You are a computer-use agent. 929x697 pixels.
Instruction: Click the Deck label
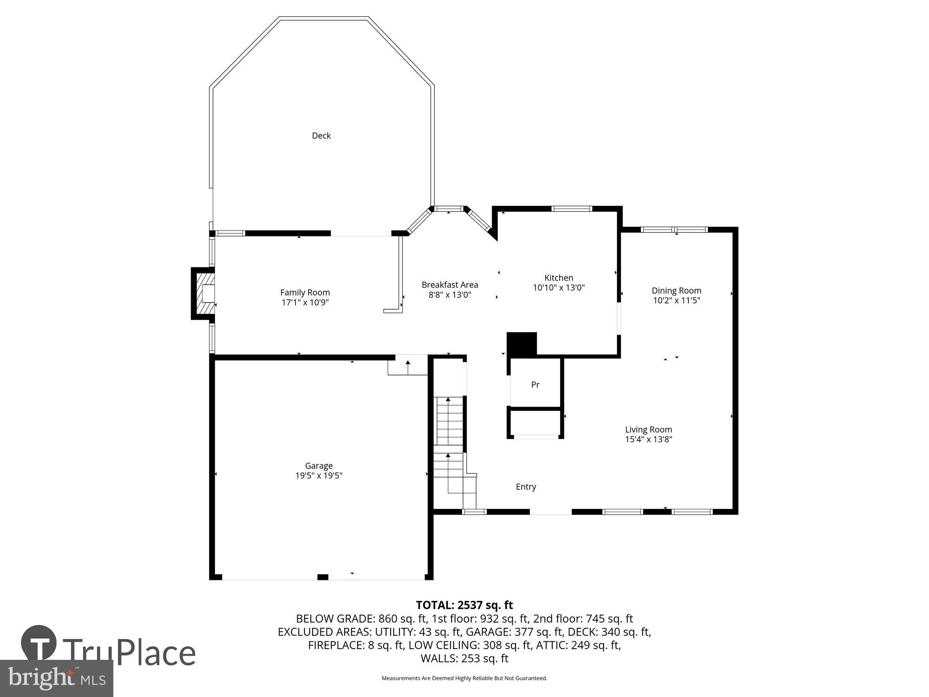tap(321, 136)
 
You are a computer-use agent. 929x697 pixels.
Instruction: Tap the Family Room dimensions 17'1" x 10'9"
tap(305, 302)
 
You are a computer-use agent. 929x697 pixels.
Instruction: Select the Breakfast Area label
tap(450, 285)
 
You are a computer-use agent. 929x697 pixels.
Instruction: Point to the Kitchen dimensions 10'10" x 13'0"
tap(558, 288)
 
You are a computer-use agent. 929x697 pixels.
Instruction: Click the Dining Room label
tap(676, 290)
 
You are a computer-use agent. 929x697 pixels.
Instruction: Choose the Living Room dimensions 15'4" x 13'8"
tap(648, 439)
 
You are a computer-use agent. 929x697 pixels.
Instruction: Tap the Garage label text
tap(319, 466)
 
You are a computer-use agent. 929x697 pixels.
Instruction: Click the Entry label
tap(526, 487)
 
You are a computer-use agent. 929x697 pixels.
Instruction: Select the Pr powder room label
tap(535, 385)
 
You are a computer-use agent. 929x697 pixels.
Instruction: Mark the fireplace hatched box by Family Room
tap(205, 294)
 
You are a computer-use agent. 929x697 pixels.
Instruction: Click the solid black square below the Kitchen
tap(522, 344)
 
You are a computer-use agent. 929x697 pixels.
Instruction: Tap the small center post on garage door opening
tap(322, 577)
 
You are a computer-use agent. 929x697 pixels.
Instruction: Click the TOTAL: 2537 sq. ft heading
tap(464, 605)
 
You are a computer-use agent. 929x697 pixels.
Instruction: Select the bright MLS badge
tap(56, 678)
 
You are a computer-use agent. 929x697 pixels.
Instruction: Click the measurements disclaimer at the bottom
tap(464, 678)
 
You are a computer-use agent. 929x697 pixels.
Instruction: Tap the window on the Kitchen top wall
tap(571, 209)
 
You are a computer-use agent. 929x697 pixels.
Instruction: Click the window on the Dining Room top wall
tap(674, 230)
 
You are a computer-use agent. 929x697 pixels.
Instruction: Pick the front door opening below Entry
tap(550, 512)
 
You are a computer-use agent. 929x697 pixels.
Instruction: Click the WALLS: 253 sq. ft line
tap(464, 658)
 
